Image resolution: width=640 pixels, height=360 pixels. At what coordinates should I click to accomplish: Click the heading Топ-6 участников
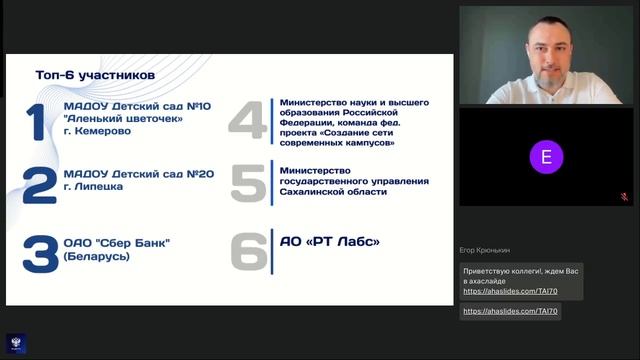95,74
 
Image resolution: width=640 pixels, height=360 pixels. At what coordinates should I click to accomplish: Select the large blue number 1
36,121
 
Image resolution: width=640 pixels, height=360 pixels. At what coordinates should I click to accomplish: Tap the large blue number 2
39,185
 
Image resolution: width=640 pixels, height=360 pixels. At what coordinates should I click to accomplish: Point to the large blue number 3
40,254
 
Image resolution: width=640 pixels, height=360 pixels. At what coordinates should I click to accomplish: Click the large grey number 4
246,121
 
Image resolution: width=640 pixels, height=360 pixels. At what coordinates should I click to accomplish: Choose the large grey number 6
250,251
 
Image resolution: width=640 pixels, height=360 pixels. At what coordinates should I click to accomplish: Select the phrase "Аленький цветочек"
123,118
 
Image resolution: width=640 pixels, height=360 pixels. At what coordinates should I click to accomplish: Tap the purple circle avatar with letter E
545,157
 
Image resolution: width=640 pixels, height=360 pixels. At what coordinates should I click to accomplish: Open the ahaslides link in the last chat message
510,311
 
